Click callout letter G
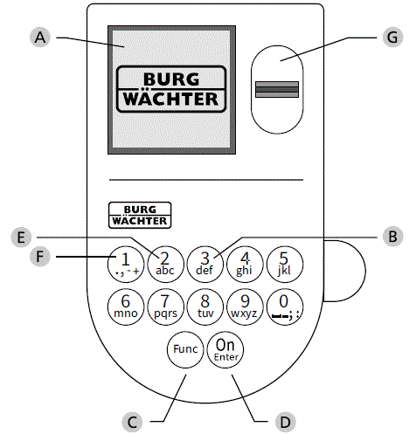point(392,38)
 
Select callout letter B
point(392,236)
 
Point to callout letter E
point(24,236)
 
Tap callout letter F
point(38,257)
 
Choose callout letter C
point(133,422)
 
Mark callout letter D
point(282,422)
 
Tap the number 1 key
point(124,262)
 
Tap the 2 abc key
point(164,262)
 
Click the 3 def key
point(205,262)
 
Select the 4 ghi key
point(245,262)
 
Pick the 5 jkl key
point(283,262)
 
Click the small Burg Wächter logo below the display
point(138,214)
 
